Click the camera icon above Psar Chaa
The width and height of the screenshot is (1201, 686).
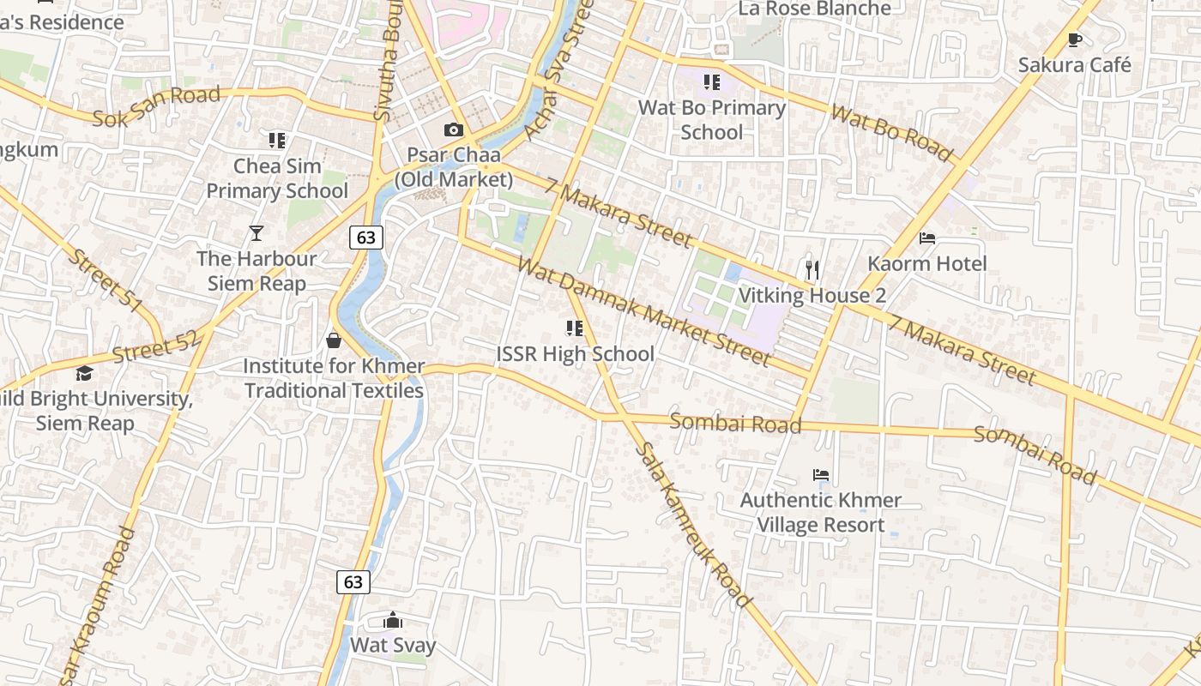(x=453, y=130)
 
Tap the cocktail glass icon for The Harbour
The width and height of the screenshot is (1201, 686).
(x=256, y=232)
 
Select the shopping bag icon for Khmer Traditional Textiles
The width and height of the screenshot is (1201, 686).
(x=334, y=340)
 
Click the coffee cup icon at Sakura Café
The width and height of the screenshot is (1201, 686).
(x=1075, y=39)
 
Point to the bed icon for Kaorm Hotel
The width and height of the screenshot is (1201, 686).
(x=927, y=238)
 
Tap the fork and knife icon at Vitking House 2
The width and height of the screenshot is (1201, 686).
(x=812, y=270)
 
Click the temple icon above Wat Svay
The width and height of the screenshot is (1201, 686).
(x=393, y=620)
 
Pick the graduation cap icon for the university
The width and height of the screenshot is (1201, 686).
(x=84, y=373)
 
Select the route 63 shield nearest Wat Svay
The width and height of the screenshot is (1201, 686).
(x=353, y=582)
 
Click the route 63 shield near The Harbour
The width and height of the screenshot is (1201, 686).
(x=366, y=238)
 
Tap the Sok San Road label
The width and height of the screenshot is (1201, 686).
(x=156, y=106)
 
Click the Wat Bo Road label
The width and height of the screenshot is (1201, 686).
(x=891, y=133)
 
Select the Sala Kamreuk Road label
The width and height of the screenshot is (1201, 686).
(x=694, y=525)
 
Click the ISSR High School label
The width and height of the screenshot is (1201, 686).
(x=575, y=353)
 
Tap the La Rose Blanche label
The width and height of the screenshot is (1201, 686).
(x=815, y=9)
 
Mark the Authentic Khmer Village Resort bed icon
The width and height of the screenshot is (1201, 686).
(x=821, y=474)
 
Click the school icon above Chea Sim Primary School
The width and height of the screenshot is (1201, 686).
(x=276, y=140)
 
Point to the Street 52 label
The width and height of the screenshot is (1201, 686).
(x=155, y=344)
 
